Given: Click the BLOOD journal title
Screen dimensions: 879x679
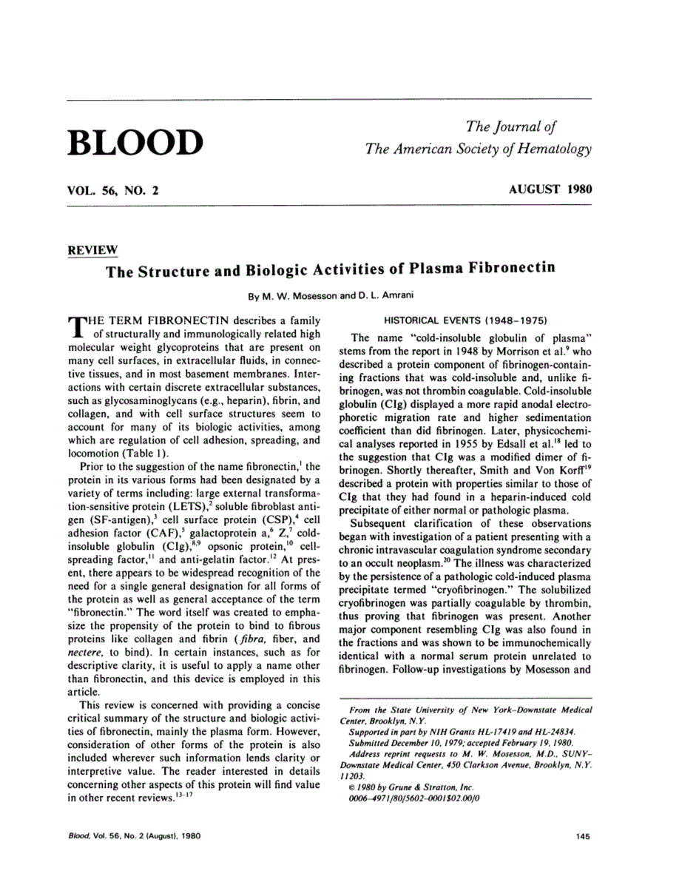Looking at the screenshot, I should point(135,143).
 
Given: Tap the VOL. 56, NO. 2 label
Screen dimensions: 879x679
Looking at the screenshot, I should point(112,189).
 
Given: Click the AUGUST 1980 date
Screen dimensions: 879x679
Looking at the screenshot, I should point(550,189).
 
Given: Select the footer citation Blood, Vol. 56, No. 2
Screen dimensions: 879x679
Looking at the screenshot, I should point(125,836).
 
